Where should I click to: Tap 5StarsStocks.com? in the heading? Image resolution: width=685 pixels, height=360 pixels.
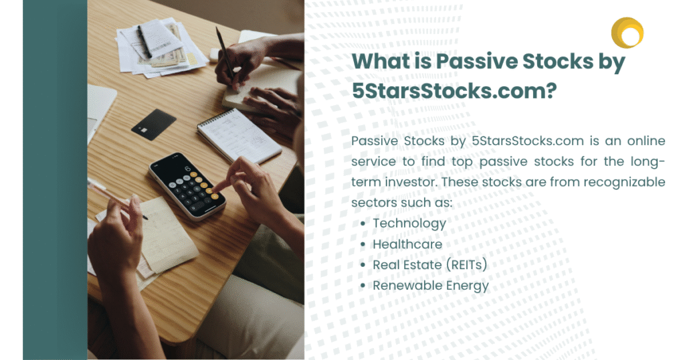tap(454, 91)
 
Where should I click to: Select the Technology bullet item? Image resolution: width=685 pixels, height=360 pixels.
tap(409, 223)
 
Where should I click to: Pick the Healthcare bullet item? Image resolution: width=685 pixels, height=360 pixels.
tap(407, 244)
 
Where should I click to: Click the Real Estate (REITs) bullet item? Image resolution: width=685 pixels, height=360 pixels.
tap(429, 265)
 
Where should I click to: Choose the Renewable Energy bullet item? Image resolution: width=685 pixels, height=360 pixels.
tap(431, 286)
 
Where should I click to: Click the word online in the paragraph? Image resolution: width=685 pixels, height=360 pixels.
tap(646, 141)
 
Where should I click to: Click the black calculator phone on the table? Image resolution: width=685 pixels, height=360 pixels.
tap(187, 185)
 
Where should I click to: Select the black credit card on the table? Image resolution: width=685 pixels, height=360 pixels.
tap(154, 124)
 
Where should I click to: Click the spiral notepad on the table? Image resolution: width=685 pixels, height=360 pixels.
tap(239, 136)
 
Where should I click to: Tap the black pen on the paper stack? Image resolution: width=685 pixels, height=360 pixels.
tap(144, 42)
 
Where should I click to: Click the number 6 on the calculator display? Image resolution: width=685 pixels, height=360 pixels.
tap(187, 168)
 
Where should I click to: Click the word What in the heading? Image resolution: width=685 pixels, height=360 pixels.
tap(380, 61)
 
